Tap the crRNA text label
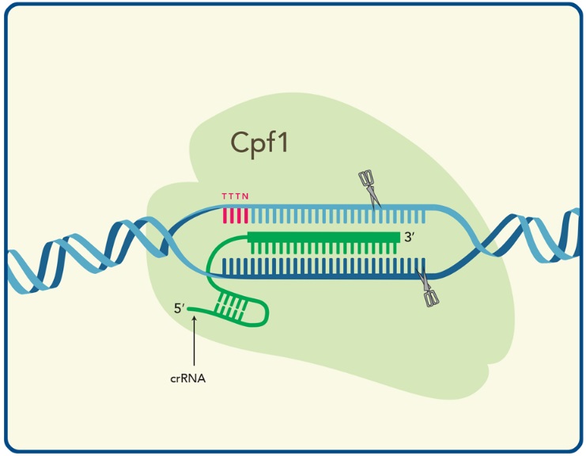pos(188,378)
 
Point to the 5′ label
pos(179,309)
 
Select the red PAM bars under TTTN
pos(236,215)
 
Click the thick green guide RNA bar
pos(323,237)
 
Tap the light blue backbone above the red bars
pos(236,206)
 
